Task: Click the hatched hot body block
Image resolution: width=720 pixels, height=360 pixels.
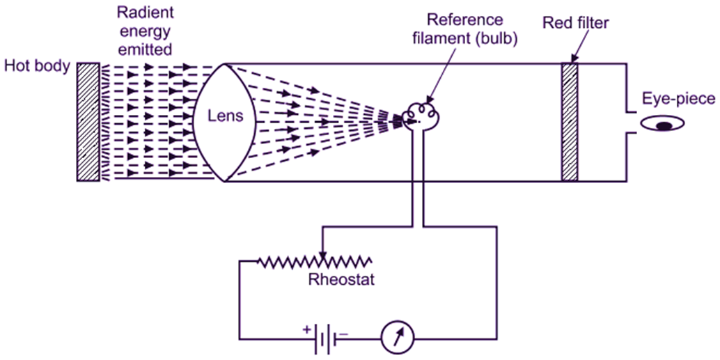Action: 88,122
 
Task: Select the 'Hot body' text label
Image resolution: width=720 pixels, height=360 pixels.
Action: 36,67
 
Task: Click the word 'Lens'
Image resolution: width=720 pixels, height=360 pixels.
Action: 227,116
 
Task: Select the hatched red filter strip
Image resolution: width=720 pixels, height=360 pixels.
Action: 570,122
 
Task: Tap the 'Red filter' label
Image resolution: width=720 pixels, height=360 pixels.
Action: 576,24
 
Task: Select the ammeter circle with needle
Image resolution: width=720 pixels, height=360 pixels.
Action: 398,338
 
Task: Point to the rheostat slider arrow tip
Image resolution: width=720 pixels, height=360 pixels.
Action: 321,254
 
